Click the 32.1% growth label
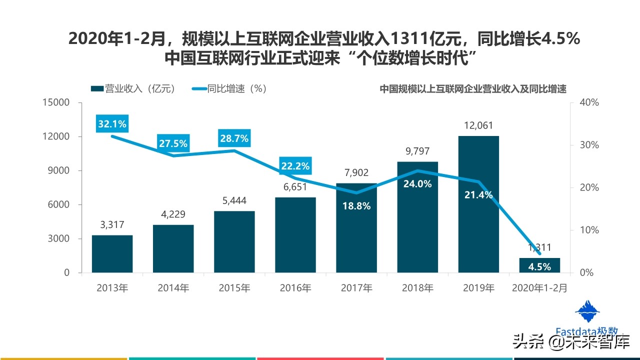(112, 123)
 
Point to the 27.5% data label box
(173, 143)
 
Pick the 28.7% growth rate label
(234, 138)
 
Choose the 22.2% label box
(295, 166)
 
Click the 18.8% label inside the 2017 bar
(356, 205)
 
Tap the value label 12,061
(478, 125)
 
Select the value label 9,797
(417, 151)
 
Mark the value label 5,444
(234, 200)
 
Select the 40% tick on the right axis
(588, 102)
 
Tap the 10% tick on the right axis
(588, 230)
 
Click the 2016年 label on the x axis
(295, 288)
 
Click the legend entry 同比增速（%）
(230, 88)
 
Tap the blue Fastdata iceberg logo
(587, 312)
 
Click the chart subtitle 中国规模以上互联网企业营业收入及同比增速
(472, 89)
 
